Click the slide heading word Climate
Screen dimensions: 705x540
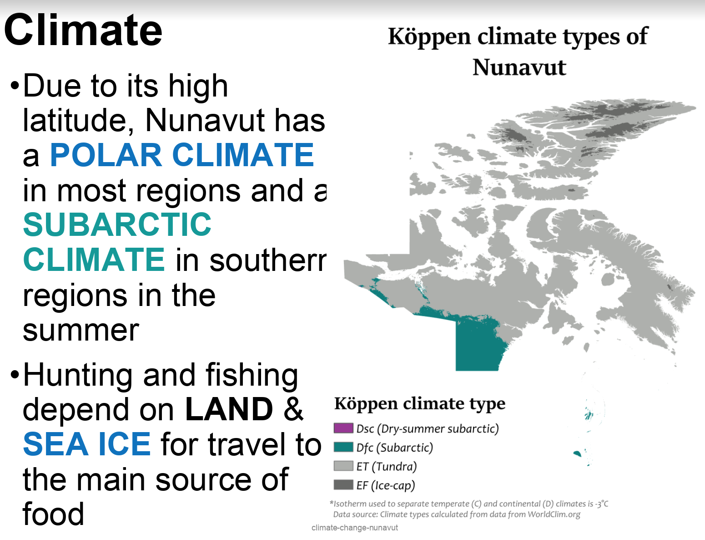83,30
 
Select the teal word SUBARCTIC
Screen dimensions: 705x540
117,224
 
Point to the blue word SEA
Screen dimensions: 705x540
55,444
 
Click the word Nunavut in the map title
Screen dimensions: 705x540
519,67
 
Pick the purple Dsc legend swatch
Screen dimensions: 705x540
343,428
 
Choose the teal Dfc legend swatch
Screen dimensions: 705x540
343,447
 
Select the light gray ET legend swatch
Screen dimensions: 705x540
343,466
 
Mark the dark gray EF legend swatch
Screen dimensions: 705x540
343,485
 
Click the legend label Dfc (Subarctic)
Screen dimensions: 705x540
395,448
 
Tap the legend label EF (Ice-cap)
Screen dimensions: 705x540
386,485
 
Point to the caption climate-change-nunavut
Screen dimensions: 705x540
355,528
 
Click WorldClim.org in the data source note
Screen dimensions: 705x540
554,515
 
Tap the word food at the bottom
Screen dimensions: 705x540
53,514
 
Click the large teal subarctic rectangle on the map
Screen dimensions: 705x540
477,346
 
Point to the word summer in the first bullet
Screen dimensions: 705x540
81,331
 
